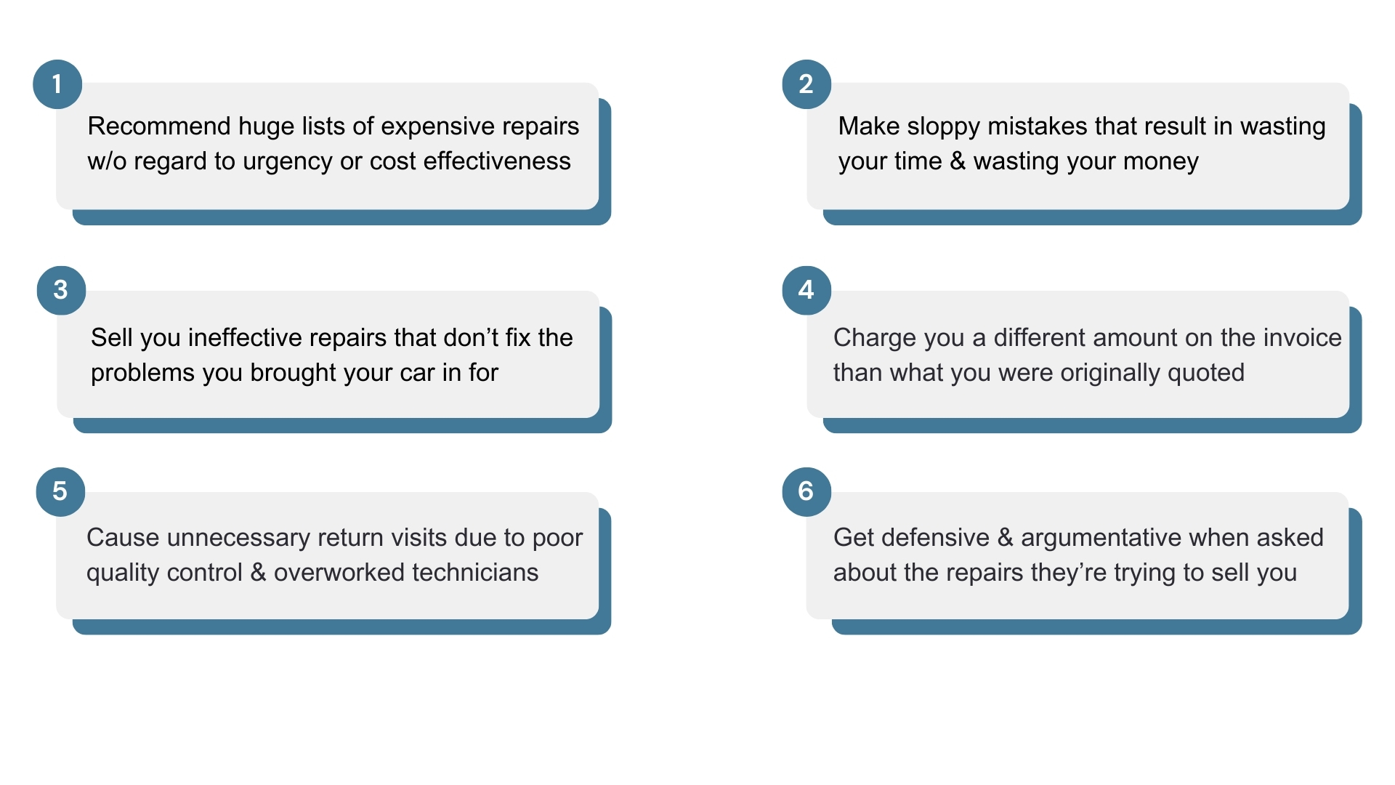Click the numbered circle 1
click(x=57, y=84)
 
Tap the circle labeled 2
click(x=806, y=84)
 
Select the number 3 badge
click(x=62, y=291)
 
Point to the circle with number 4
click(x=806, y=291)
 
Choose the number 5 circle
click(x=61, y=492)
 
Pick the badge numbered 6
click(x=806, y=492)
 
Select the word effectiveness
click(x=497, y=161)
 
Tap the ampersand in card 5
click(x=258, y=573)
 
